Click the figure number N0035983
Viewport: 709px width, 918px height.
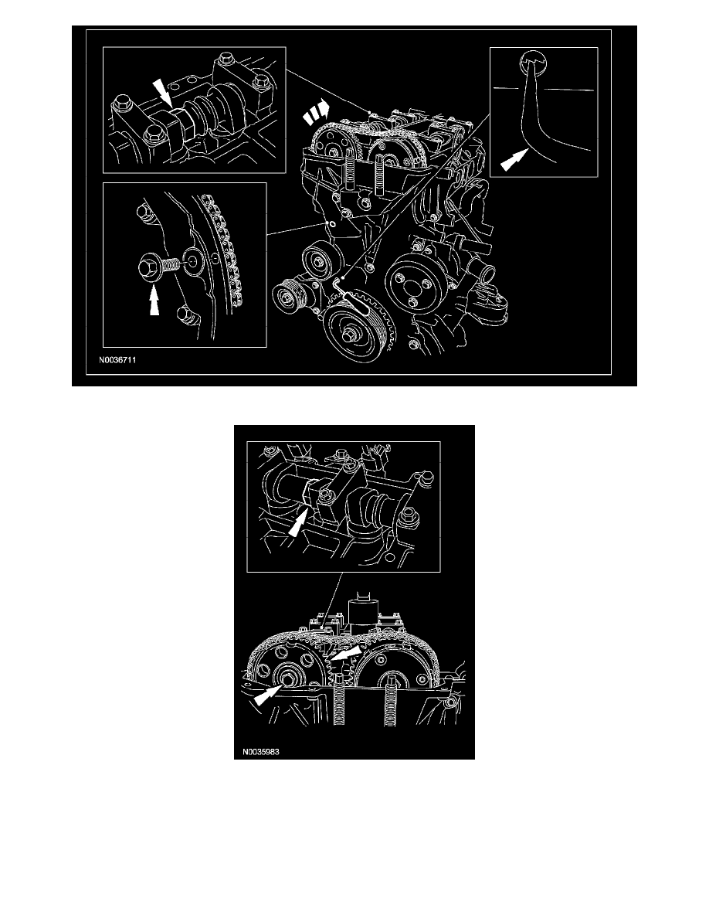[x=260, y=750]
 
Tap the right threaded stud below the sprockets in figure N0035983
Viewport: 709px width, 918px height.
[x=391, y=715]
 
